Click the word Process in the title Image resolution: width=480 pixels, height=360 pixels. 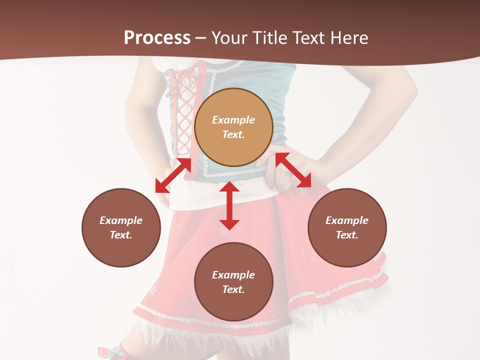pyautogui.click(x=157, y=38)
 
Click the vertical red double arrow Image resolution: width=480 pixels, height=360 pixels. pyautogui.click(x=229, y=205)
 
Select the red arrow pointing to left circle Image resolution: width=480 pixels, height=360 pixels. pyautogui.click(x=173, y=175)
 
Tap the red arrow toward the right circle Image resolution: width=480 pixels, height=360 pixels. pyautogui.click(x=293, y=170)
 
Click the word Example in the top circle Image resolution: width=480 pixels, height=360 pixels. pyautogui.click(x=233, y=120)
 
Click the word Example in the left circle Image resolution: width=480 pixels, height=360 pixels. pyautogui.click(x=121, y=220)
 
